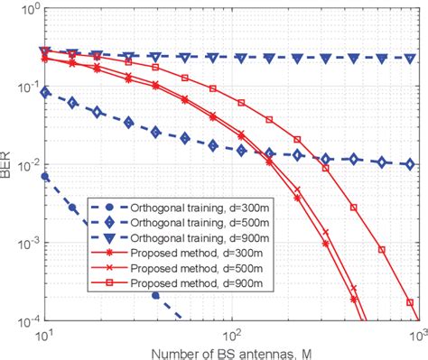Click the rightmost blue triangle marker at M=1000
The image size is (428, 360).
pos(411,58)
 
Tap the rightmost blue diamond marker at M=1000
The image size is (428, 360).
pos(411,164)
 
